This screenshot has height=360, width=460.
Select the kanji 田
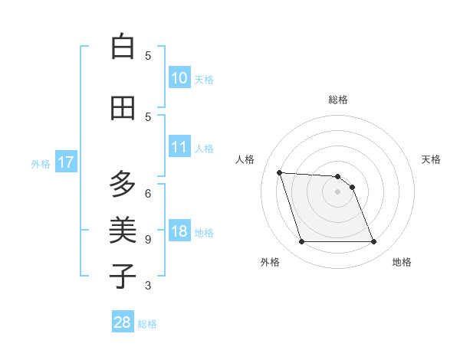(x=123, y=108)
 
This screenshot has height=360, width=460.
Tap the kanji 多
(x=123, y=185)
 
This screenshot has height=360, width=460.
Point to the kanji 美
(x=123, y=231)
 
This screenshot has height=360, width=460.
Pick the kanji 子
(x=123, y=277)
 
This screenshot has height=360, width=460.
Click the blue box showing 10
(x=179, y=78)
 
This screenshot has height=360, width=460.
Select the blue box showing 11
(x=179, y=147)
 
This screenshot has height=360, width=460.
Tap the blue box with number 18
(x=179, y=232)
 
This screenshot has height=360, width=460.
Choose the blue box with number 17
(x=65, y=162)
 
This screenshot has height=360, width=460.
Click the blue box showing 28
(x=123, y=322)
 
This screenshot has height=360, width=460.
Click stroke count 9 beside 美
(x=148, y=239)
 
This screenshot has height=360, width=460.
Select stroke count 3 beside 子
(x=148, y=286)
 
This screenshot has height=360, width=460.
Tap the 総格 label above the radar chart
(x=338, y=100)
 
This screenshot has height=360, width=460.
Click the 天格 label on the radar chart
(x=432, y=159)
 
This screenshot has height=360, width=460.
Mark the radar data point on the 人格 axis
(x=280, y=172)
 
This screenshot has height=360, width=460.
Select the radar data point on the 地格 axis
(x=373, y=242)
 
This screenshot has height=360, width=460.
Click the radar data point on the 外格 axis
(x=301, y=242)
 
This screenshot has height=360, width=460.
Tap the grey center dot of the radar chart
(x=337, y=191)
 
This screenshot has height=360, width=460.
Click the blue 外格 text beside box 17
(x=40, y=163)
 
